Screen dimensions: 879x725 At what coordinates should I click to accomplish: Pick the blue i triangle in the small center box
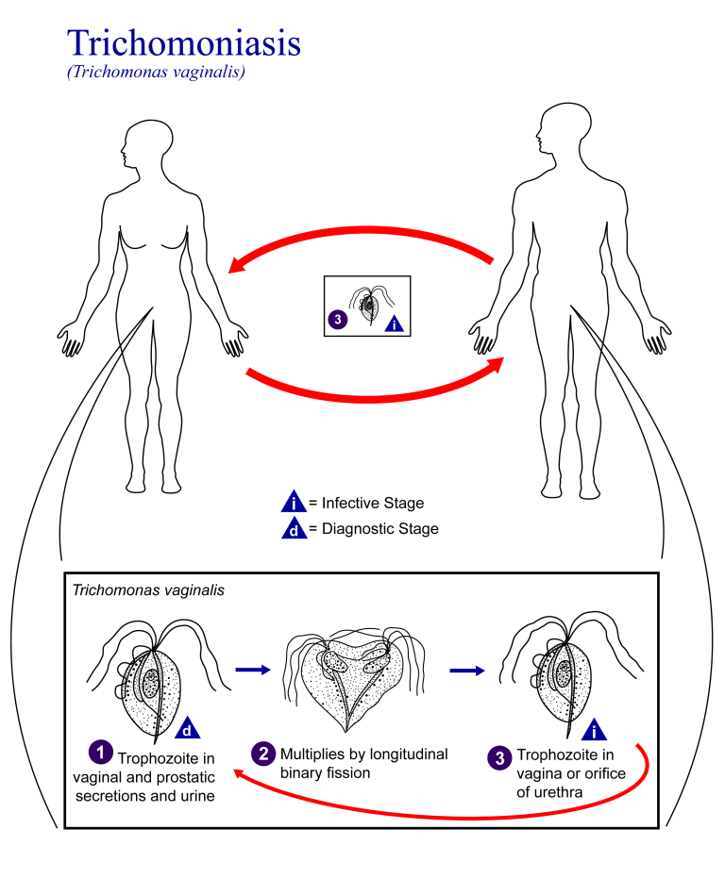coord(396,323)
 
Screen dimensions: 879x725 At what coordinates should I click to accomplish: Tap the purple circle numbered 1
coord(97,752)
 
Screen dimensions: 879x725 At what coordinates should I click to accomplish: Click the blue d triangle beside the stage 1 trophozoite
coord(188,728)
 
